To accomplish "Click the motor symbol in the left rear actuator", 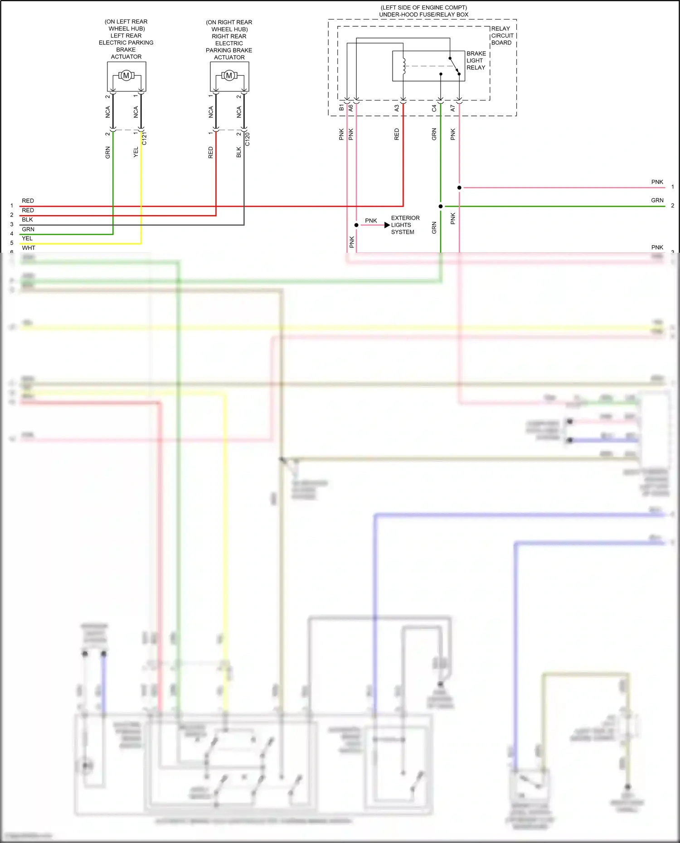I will click(x=126, y=76).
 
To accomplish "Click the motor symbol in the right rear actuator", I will click(x=229, y=76).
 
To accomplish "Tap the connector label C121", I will click(x=144, y=139).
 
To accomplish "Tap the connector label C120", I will click(x=247, y=139).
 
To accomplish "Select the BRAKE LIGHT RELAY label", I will click(x=476, y=60).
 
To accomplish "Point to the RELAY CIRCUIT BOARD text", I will click(x=502, y=35).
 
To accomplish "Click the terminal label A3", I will click(x=397, y=108).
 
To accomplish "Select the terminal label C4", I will click(x=434, y=108).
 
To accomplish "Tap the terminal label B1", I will click(x=341, y=108).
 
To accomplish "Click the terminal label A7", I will click(x=452, y=108).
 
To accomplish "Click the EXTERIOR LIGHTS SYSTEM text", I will click(x=404, y=225).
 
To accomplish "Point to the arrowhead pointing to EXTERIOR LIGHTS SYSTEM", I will click(x=387, y=225).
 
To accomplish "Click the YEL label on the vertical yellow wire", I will click(x=136, y=152).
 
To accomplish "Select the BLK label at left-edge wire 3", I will click(x=27, y=220).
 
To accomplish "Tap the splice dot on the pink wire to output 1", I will click(x=459, y=188).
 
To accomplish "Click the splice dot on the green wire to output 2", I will click(x=441, y=207).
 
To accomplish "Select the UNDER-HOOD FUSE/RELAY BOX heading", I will click(x=423, y=14).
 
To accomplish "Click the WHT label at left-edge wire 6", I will click(x=28, y=248).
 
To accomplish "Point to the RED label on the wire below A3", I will click(x=397, y=134).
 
